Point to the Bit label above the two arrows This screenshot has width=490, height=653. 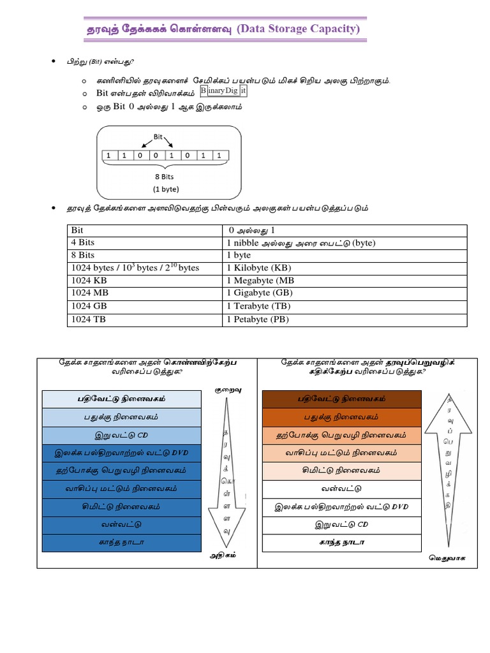point(160,136)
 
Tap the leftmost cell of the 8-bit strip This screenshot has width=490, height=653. point(109,155)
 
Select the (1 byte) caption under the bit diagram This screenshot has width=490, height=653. point(165,189)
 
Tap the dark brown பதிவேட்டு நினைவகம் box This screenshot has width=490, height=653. point(342,399)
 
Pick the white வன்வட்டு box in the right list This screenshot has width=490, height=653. point(342,488)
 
